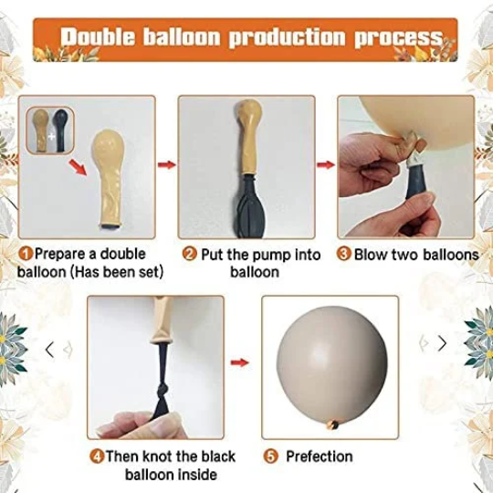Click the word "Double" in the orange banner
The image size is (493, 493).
98,37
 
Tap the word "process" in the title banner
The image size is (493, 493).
399,38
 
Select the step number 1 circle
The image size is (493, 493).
26,254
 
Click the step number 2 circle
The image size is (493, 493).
190,254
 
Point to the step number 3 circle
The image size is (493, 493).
343,254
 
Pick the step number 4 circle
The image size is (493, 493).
97,456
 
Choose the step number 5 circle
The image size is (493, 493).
271,456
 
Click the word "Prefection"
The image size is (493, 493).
320,456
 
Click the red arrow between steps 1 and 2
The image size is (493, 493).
166,164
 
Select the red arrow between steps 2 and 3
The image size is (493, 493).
326,164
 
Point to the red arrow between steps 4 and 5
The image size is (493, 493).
239,362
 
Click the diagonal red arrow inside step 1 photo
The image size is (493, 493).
78,167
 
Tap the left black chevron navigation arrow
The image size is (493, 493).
49,350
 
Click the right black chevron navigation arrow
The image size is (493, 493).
442,343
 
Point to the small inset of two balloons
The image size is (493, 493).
50,131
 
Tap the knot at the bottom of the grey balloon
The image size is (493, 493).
333,425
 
